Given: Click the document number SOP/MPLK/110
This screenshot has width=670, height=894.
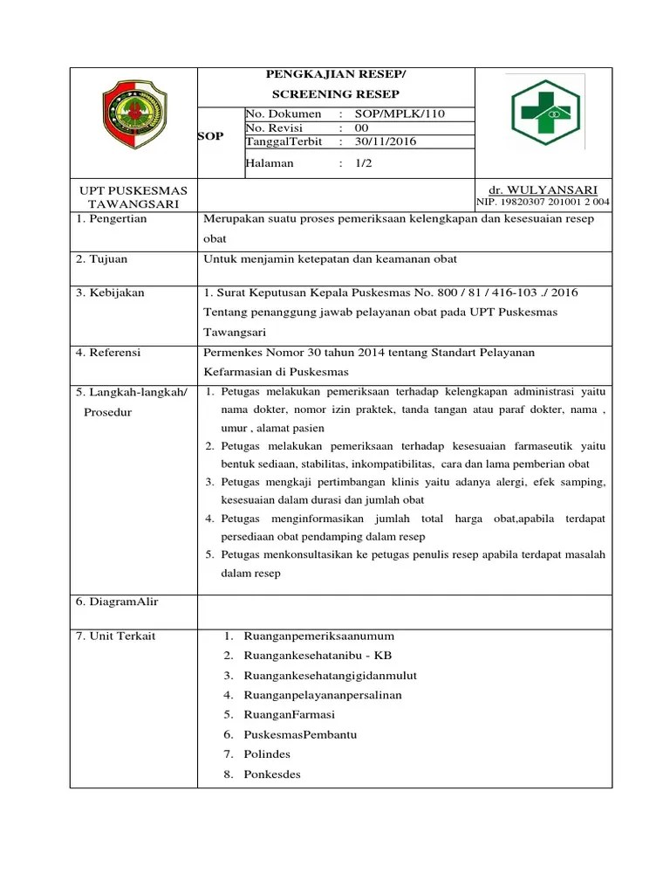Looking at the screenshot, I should [392, 114].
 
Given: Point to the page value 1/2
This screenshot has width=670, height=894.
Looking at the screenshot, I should [364, 163].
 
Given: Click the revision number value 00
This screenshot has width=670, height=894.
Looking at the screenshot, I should [362, 127].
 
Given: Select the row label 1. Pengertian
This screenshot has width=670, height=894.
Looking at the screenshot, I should [112, 219].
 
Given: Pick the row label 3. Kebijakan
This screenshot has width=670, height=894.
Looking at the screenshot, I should [110, 292].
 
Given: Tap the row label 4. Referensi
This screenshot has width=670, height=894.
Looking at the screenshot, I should [109, 353].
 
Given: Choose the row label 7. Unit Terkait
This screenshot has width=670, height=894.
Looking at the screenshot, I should [115, 636].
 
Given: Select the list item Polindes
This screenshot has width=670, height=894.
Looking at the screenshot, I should [267, 754].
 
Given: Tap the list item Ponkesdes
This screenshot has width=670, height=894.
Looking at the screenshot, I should [272, 774].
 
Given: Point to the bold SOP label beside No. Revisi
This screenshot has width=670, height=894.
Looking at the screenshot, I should [211, 136].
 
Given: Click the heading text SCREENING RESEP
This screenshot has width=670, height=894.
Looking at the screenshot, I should [336, 93].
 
